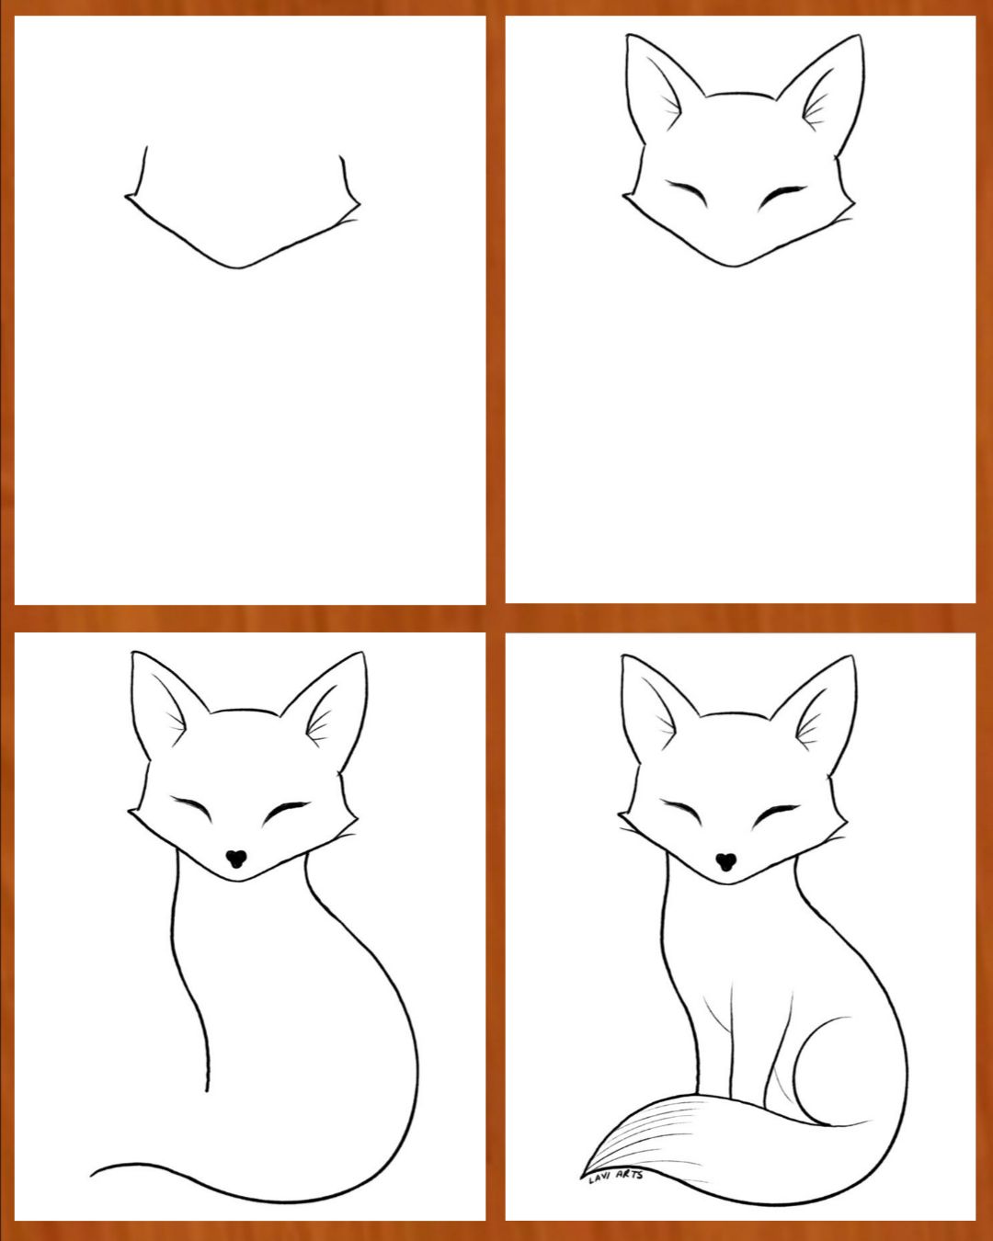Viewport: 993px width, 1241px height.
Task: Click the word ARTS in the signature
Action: (x=629, y=1174)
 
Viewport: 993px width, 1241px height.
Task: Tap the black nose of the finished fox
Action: (x=725, y=861)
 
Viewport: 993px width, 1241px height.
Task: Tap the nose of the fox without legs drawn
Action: (x=236, y=859)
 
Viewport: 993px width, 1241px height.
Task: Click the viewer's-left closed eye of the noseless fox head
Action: (x=687, y=193)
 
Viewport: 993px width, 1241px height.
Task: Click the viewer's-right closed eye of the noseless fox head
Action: (x=782, y=196)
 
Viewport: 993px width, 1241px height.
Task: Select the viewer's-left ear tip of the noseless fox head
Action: (x=628, y=36)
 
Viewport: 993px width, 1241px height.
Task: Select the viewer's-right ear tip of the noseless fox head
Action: (x=860, y=36)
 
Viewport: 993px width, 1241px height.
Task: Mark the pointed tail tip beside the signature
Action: (x=581, y=1175)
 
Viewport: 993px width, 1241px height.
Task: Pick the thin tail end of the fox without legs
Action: (x=92, y=1175)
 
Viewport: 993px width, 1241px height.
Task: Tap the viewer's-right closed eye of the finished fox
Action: (x=775, y=814)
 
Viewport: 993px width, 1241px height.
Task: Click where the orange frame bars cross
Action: (x=495, y=618)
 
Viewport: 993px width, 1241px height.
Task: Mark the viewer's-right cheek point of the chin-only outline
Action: (x=359, y=203)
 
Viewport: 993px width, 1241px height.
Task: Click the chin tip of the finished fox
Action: (x=728, y=883)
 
